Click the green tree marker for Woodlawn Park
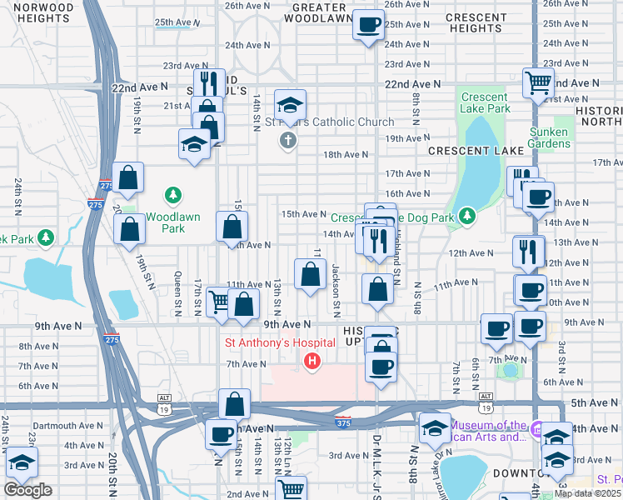tap(173, 195)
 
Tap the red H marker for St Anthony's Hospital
tap(312, 361)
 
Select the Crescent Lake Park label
tap(486, 102)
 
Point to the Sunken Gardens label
tap(549, 137)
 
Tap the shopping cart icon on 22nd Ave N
tap(539, 82)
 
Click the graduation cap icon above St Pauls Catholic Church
tap(290, 104)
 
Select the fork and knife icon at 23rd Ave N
tap(209, 83)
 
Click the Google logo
tap(27, 490)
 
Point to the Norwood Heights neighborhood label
tap(43, 12)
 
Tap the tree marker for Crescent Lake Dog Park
tap(467, 217)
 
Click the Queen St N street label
tap(177, 294)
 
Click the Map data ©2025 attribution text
tap(588, 493)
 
